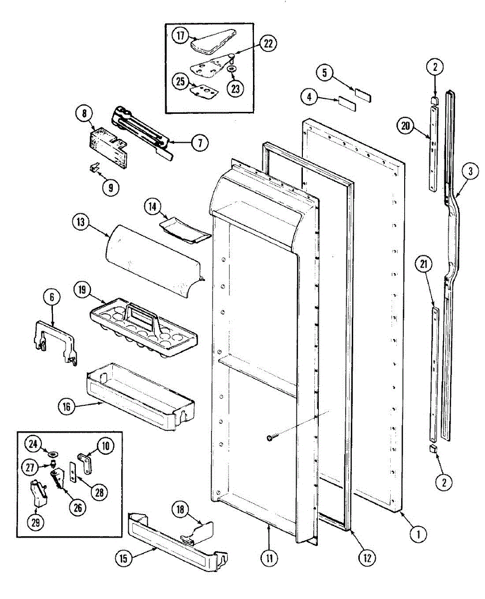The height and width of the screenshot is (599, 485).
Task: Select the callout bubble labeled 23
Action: coord(235,88)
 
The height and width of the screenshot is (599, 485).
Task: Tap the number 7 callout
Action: coord(199,143)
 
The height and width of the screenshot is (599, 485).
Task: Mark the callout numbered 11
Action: coord(269,558)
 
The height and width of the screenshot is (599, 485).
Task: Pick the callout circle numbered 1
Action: coord(418,534)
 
